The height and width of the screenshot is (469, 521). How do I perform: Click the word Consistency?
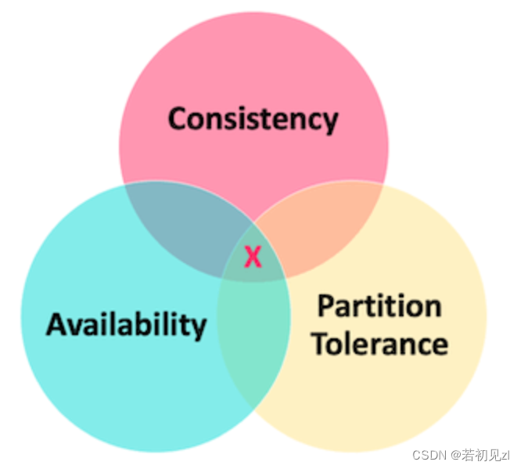click(253, 119)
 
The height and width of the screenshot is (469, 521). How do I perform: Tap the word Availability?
click(126, 323)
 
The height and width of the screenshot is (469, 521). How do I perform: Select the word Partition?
click(379, 306)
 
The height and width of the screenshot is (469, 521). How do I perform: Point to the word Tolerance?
click(380, 344)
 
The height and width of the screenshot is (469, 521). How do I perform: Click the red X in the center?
click(252, 256)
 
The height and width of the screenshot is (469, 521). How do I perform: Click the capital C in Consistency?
click(179, 119)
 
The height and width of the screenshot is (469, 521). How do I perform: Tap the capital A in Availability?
click(56, 323)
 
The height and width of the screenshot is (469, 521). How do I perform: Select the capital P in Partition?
click(325, 306)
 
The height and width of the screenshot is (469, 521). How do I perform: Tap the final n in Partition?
click(433, 308)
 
